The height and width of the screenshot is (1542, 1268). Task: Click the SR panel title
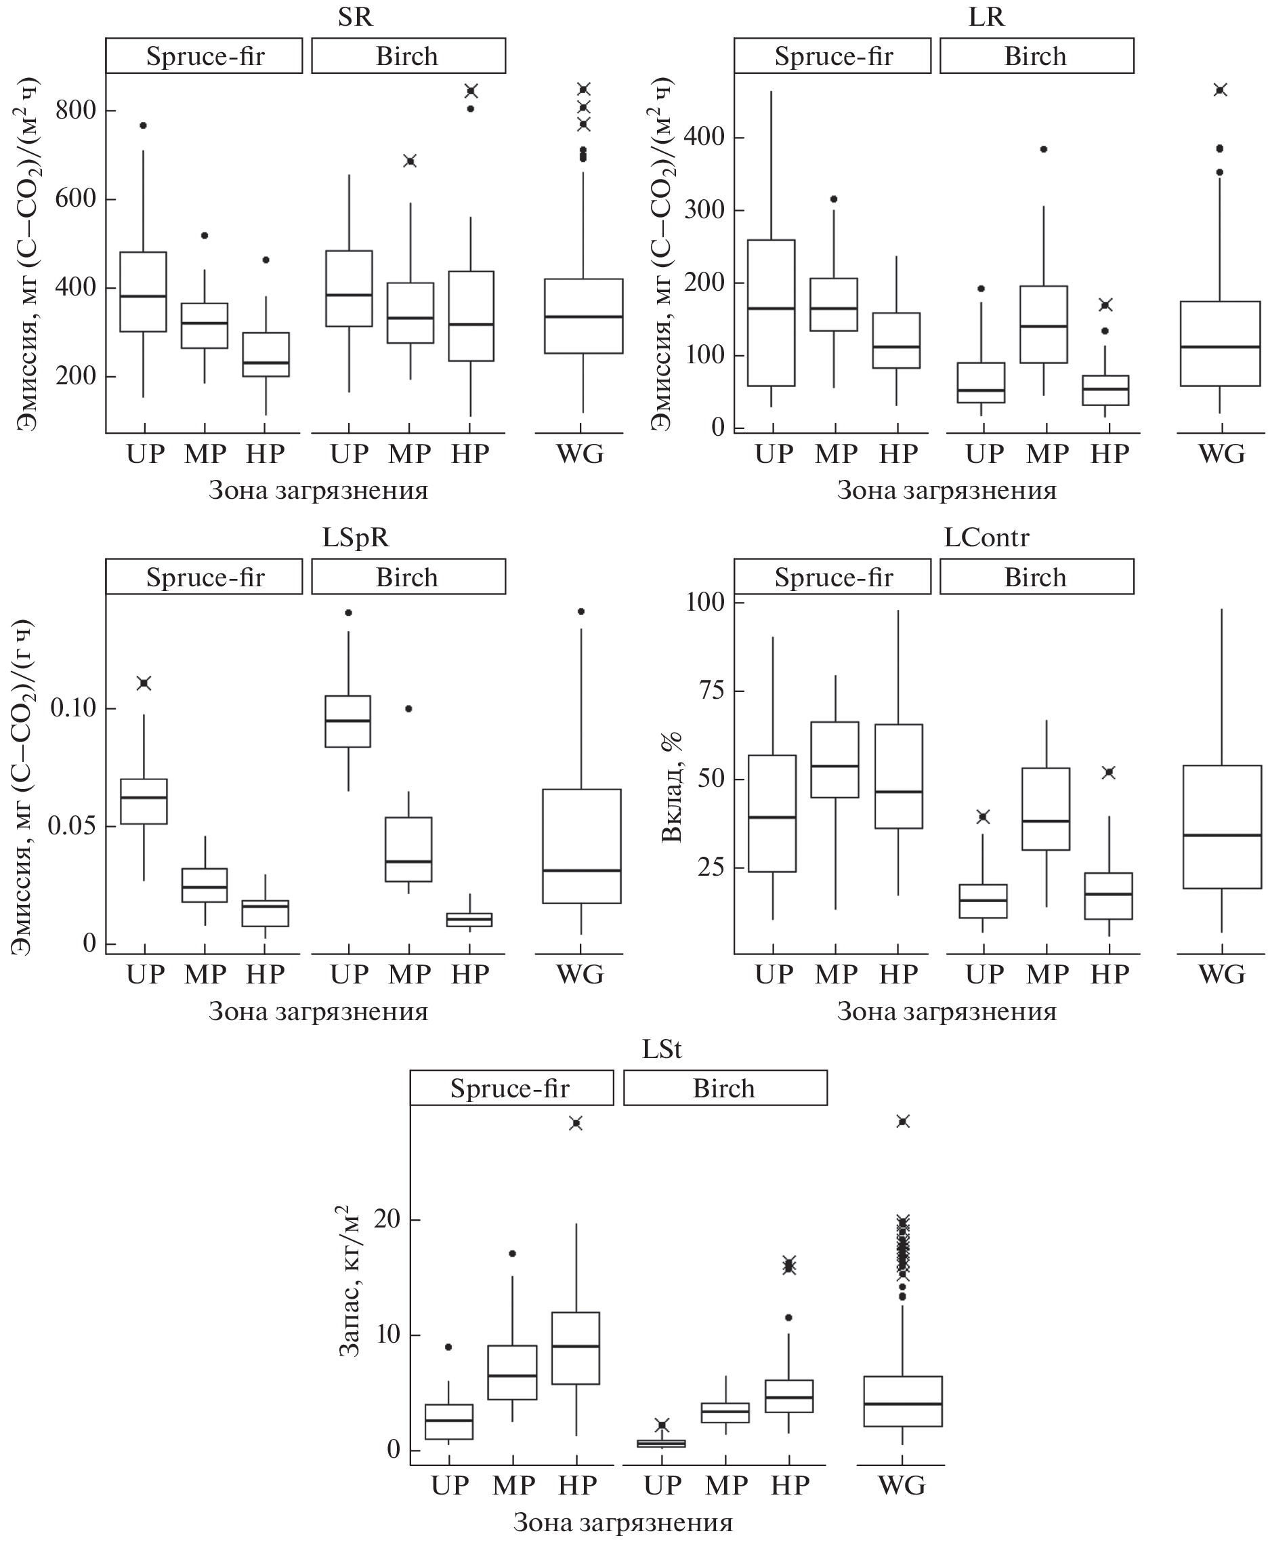[x=355, y=16]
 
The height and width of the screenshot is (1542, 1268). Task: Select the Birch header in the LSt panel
[x=724, y=1088]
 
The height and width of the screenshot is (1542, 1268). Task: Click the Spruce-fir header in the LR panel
[x=832, y=56]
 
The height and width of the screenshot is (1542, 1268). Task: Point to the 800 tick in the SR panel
[x=75, y=110]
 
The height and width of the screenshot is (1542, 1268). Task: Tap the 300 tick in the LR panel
[x=702, y=211]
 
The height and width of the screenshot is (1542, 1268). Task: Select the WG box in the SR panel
[x=584, y=316]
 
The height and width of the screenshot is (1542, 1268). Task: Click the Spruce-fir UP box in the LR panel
[x=772, y=312]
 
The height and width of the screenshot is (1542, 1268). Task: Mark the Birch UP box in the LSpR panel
[x=347, y=721]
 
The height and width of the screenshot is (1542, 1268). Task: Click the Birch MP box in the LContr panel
[x=1047, y=809]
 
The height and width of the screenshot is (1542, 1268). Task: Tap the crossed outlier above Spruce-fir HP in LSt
[x=576, y=1123]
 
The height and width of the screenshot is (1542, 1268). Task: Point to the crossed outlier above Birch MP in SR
[x=410, y=161]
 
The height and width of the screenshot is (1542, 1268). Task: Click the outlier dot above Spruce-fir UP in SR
[x=143, y=125]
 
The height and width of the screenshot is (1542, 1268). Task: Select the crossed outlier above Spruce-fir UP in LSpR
[x=144, y=683]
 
